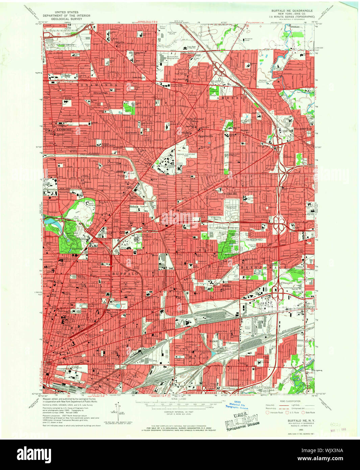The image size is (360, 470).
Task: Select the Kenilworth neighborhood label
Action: tap(131, 133)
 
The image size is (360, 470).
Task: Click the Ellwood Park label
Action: tap(100, 92)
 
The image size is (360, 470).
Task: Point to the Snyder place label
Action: tap(244, 130)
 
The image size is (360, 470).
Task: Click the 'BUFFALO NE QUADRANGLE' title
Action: tap(292, 11)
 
